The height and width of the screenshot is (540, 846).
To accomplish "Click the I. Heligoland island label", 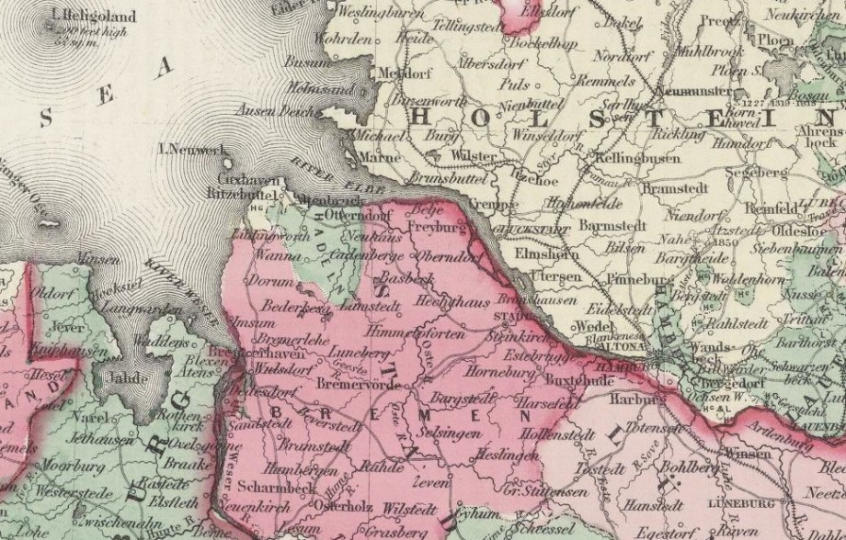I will click(83, 15).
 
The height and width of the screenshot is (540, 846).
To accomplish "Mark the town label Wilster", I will click(475, 156).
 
